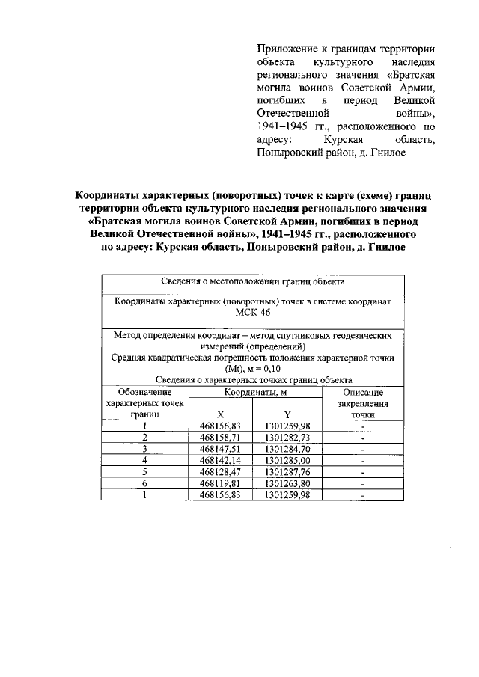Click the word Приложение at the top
287,49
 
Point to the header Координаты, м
254,392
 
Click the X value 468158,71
220,436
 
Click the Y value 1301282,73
287,436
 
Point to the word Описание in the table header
362,392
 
